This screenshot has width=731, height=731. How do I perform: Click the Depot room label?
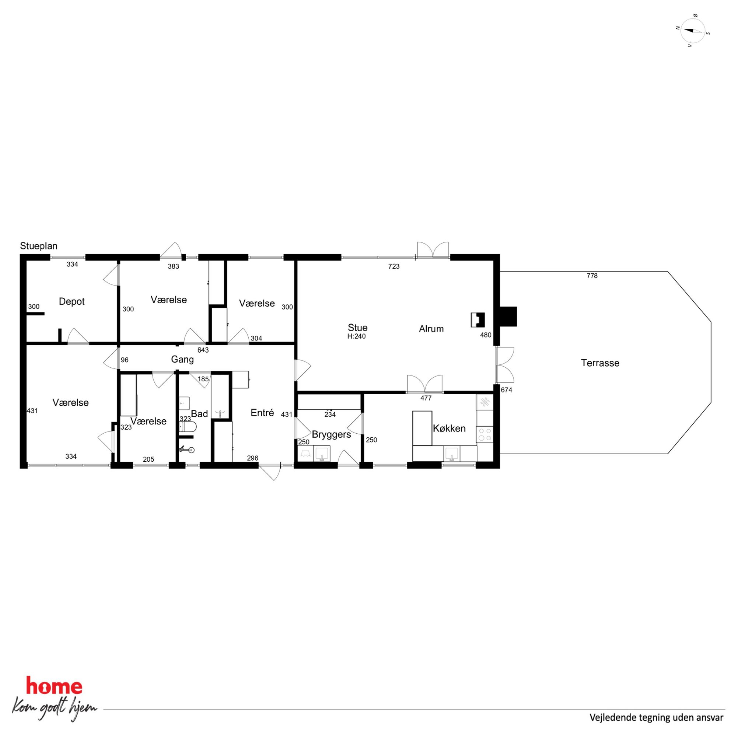tap(71, 301)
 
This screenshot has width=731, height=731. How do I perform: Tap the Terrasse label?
tap(600, 363)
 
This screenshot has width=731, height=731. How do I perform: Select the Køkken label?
tap(449, 428)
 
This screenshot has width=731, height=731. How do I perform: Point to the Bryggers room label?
tap(332, 435)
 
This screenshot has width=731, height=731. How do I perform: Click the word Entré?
tap(262, 413)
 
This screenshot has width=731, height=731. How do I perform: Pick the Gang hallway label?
tap(182, 360)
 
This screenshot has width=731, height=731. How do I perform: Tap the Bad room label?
tap(199, 413)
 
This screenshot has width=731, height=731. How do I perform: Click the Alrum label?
tap(431, 329)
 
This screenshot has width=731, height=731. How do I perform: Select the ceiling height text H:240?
tap(356, 336)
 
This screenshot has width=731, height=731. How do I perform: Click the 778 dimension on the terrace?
tap(592, 276)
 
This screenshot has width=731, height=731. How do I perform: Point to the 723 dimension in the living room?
tap(394, 266)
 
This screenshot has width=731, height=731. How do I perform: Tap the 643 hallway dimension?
tap(203, 350)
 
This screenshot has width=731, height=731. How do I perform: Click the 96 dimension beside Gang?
tap(125, 360)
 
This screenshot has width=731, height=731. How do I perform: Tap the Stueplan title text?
tap(39, 246)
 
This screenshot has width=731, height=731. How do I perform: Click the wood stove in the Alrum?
tap(478, 320)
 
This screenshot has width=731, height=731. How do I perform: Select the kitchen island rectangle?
tap(422, 428)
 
